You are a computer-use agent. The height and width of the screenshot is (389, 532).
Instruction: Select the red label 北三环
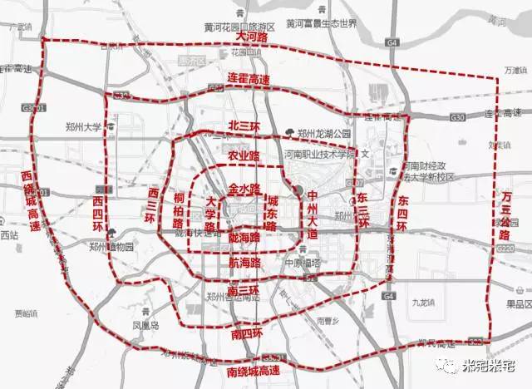244,126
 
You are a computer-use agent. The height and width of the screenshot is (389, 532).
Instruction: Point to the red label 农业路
243,156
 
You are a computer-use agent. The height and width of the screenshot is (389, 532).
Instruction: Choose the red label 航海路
244,262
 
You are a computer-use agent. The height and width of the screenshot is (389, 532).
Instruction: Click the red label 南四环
244,332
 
